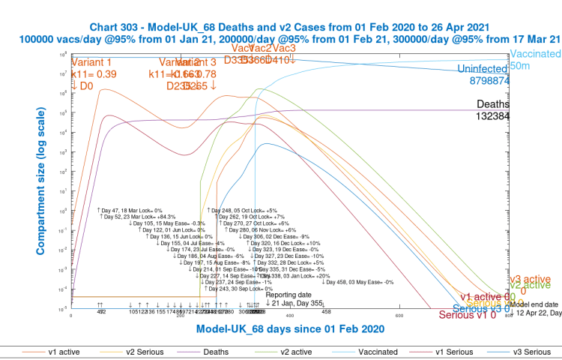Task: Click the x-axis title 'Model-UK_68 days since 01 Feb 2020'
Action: (291, 329)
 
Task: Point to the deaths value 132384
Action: (493, 116)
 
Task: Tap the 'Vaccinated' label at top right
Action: (535, 55)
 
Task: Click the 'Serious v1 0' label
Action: (468, 316)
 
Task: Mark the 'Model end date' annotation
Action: (535, 304)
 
